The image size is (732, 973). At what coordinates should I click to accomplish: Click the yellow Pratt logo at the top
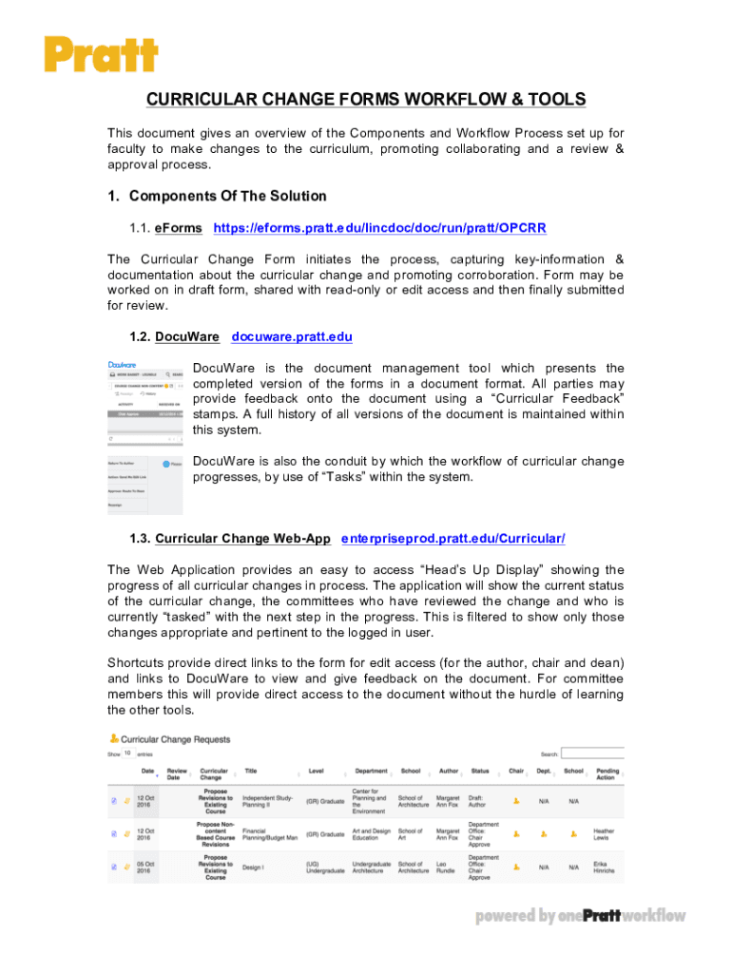point(101,53)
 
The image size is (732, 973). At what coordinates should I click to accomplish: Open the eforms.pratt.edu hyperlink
point(379,229)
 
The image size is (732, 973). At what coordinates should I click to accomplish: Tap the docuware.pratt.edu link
point(292,337)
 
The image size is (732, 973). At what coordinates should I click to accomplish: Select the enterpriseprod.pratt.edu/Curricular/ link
point(453,539)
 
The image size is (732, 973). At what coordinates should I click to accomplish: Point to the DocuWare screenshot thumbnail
point(144,438)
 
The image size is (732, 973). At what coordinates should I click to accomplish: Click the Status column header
point(480,771)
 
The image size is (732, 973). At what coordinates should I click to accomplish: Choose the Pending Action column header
point(607,775)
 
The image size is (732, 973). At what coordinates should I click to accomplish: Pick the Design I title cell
point(254,868)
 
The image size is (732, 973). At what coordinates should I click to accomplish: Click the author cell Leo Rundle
point(447,868)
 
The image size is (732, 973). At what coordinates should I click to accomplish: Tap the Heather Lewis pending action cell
point(606,833)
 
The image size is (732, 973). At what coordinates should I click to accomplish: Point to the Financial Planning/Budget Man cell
point(270,833)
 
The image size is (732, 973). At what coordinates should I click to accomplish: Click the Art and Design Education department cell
point(371,833)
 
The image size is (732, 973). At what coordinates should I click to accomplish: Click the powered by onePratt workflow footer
point(580,916)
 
